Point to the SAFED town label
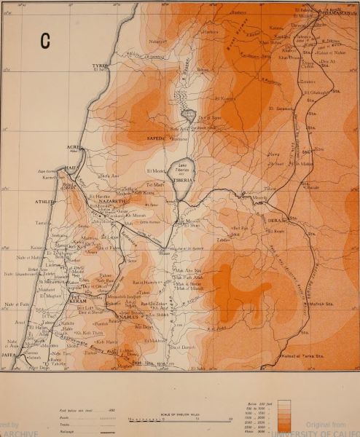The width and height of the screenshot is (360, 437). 157,137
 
